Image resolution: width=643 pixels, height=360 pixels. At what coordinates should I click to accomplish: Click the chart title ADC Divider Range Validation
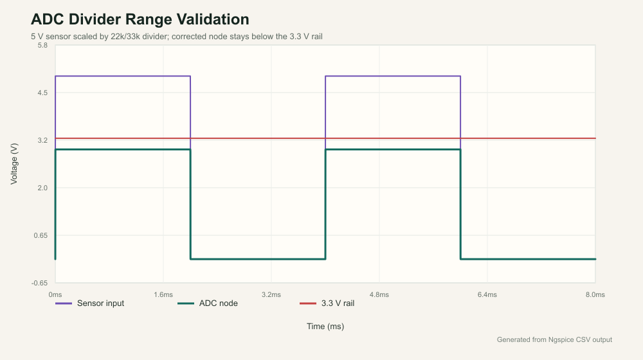point(140,19)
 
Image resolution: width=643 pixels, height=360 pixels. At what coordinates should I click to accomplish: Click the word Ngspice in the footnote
point(561,339)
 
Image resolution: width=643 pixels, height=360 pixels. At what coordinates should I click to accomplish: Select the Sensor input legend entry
point(90,303)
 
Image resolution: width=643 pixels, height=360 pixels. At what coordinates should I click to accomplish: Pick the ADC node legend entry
point(208,303)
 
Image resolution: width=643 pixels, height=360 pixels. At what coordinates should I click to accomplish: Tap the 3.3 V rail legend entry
point(327,303)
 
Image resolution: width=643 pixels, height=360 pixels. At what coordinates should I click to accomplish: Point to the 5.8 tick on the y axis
point(42,46)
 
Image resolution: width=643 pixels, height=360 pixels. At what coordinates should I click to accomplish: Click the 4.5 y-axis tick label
point(42,93)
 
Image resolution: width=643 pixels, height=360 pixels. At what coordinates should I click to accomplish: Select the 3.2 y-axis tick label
point(42,140)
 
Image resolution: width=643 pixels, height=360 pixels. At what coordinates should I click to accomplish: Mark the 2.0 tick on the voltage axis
point(42,188)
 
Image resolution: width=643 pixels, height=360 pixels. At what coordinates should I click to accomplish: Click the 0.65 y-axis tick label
point(41,235)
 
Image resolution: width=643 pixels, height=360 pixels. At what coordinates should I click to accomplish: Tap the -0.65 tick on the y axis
point(40,283)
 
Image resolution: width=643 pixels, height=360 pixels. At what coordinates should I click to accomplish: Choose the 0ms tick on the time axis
point(55,295)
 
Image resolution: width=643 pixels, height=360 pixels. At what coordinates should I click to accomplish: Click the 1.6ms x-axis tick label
point(163,295)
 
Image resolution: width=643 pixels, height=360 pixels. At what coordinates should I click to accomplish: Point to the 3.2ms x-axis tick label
point(271,295)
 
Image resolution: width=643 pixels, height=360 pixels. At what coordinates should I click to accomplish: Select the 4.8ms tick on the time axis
point(379,295)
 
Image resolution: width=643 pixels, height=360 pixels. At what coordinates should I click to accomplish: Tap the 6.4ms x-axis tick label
point(487,295)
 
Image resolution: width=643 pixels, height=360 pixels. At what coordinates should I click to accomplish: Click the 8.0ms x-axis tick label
point(595,295)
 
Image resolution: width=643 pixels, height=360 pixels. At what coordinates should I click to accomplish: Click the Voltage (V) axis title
point(14,164)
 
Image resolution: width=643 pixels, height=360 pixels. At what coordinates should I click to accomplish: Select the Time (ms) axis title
point(325,327)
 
